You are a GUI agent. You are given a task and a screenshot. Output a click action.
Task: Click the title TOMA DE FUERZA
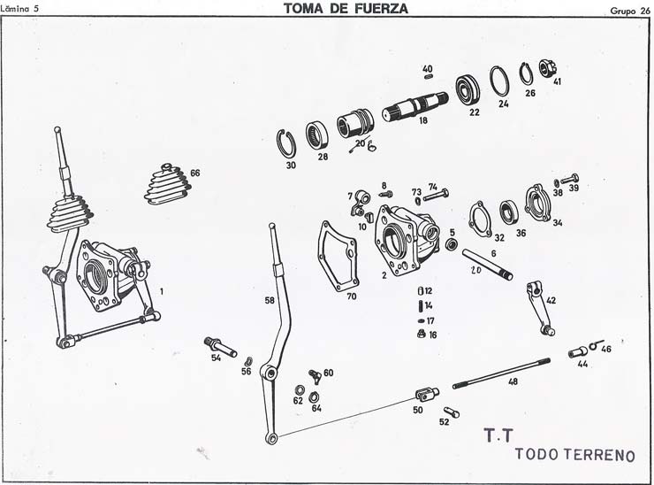pyautogui.click(x=346, y=8)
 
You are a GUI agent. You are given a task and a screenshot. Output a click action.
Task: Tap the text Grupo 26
pyautogui.click(x=630, y=12)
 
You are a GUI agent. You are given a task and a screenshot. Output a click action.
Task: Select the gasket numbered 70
pyautogui.click(x=338, y=256)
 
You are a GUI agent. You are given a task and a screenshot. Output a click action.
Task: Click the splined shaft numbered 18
pyautogui.click(x=415, y=107)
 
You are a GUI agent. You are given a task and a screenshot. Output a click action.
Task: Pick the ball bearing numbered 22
pyautogui.click(x=468, y=90)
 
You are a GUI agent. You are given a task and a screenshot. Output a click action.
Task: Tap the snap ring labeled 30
pyautogui.click(x=286, y=144)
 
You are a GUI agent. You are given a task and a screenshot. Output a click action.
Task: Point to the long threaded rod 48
pyautogui.click(x=501, y=373)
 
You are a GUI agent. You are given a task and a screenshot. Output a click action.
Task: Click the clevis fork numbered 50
pyautogui.click(x=427, y=394)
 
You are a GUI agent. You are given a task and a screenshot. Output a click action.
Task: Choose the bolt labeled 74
pyautogui.click(x=437, y=195)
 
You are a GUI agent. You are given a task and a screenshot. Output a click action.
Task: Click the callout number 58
pyautogui.click(x=270, y=300)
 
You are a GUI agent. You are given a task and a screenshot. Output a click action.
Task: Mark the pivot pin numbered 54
pyautogui.click(x=221, y=346)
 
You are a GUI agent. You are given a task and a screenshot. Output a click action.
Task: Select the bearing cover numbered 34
pyautogui.click(x=539, y=203)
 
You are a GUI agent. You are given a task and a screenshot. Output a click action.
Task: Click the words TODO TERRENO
pyautogui.click(x=574, y=455)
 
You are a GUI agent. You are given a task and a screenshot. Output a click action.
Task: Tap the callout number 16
pyautogui.click(x=432, y=335)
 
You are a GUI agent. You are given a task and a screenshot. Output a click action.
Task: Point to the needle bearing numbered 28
pyautogui.click(x=316, y=135)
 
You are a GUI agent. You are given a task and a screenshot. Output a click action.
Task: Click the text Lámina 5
pyautogui.click(x=19, y=8)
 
